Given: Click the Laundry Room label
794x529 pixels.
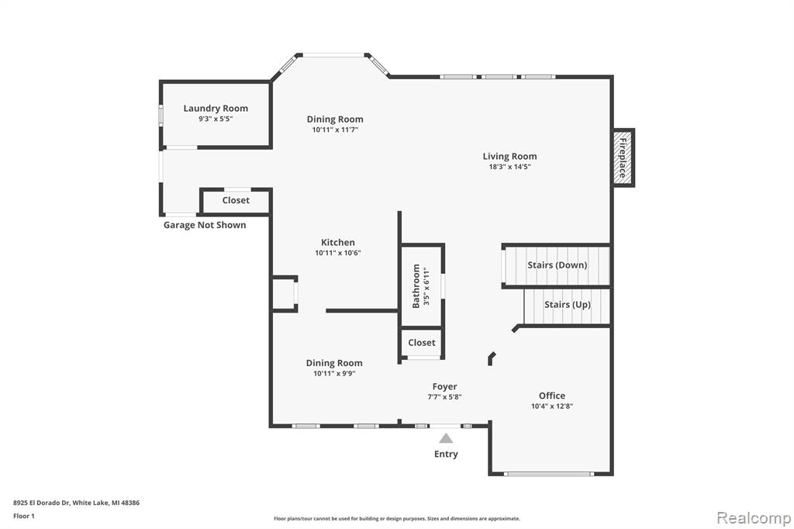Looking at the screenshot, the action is [x=216, y=108].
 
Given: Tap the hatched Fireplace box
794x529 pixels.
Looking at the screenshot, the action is [x=623, y=157].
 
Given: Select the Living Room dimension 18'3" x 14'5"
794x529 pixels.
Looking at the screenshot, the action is [x=510, y=167].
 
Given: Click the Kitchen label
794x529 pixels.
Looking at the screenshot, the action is [x=338, y=242].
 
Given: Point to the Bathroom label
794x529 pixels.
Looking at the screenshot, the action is [x=416, y=286].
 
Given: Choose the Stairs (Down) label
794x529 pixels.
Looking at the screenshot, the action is [x=557, y=265].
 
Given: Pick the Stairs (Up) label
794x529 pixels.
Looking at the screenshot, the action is [x=568, y=305].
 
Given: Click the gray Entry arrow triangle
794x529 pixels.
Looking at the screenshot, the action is [x=446, y=438].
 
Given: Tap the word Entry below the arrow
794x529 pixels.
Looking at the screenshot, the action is [x=446, y=454].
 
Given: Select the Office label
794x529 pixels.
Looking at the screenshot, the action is [x=552, y=396].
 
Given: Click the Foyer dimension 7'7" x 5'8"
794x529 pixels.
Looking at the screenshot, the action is [x=444, y=397].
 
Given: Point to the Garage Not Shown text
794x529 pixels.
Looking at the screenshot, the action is [x=205, y=225].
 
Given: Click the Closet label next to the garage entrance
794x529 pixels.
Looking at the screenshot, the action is [x=236, y=200].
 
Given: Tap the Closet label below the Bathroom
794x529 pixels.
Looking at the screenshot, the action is [x=422, y=343].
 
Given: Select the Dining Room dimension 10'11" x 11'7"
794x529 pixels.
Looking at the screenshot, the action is [x=335, y=130].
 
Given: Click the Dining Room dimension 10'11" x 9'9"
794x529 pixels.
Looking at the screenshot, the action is [x=334, y=373].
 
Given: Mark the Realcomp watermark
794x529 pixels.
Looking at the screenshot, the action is [x=754, y=518].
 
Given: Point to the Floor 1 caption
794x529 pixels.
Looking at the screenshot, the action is [x=24, y=516].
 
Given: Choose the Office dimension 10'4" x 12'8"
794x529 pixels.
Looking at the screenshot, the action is [x=552, y=406].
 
